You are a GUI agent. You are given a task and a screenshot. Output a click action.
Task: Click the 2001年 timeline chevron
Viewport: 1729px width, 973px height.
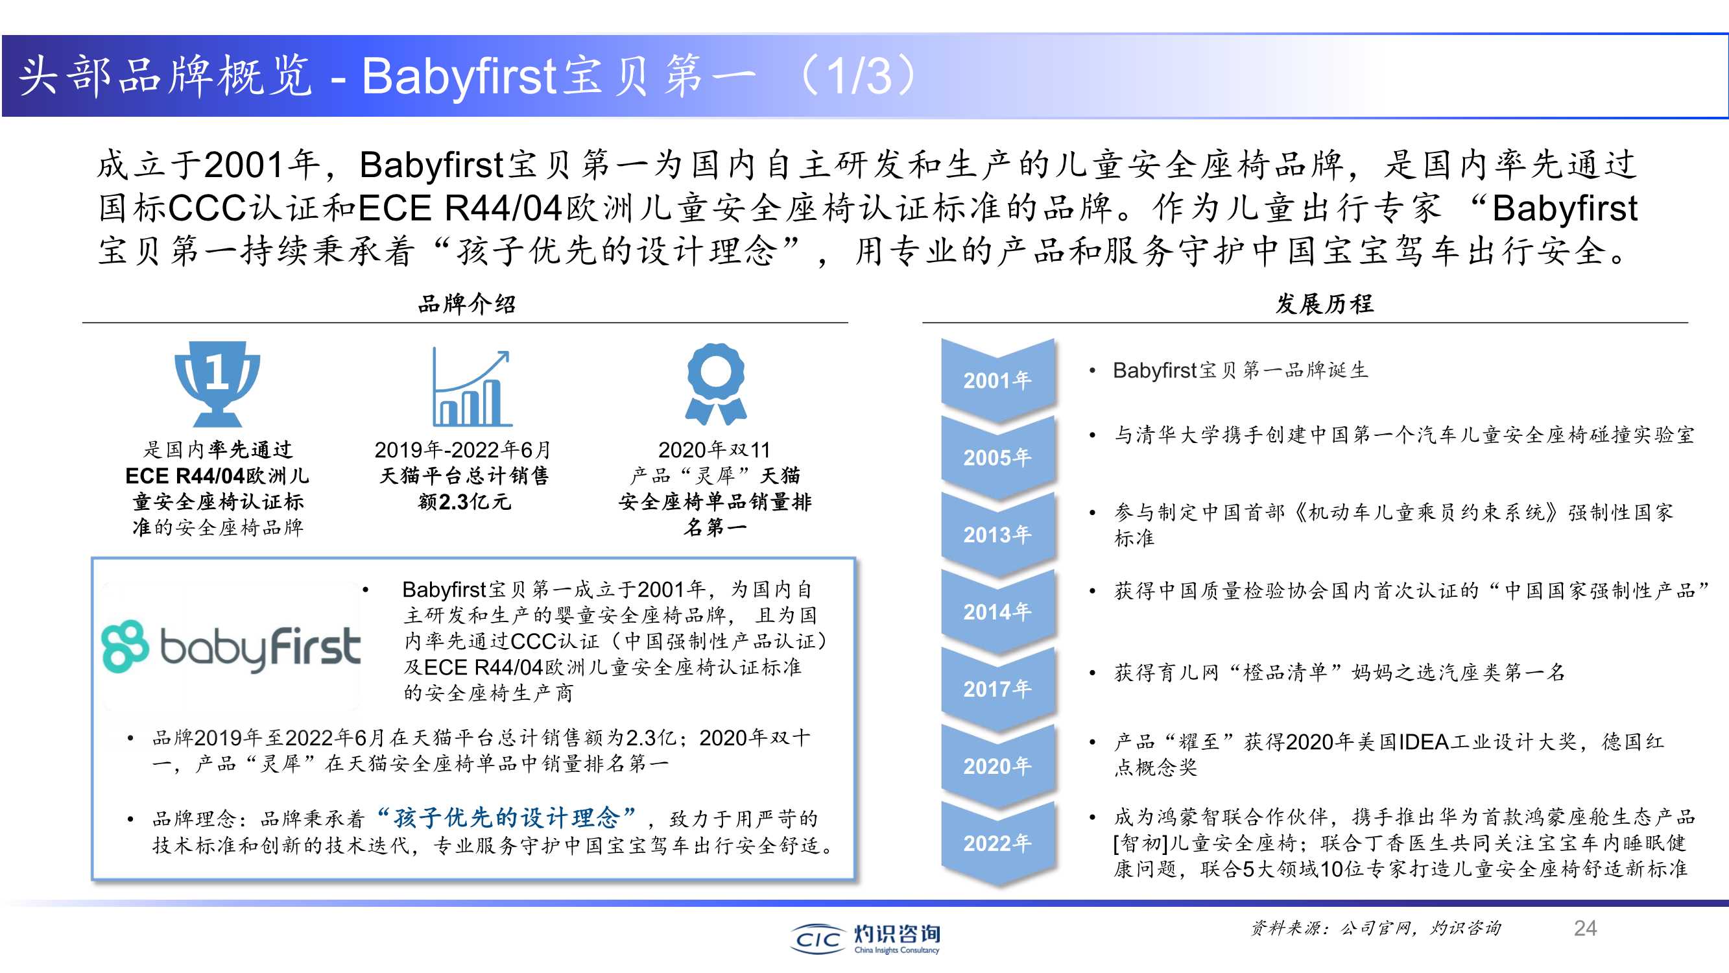pyautogui.click(x=997, y=380)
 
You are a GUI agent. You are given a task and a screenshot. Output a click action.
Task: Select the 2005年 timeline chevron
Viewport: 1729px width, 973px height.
pyautogui.click(x=997, y=457)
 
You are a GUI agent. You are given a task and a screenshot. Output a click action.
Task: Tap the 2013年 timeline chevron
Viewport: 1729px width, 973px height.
pyautogui.click(x=997, y=535)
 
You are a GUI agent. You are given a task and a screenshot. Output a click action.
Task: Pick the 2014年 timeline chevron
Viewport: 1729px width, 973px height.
pyautogui.click(x=997, y=612)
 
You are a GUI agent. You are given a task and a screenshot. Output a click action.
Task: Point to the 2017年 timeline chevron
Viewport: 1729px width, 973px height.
pyautogui.click(x=997, y=689)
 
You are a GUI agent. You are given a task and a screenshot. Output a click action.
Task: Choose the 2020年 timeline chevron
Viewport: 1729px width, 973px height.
pyautogui.click(x=997, y=766)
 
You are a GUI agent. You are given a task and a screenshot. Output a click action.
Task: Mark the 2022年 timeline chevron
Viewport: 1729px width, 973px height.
pyautogui.click(x=997, y=843)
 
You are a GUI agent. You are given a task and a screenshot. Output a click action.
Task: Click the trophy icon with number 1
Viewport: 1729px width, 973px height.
pyautogui.click(x=217, y=383)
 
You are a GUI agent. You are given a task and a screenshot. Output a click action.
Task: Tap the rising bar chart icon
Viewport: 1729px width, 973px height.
pyautogui.click(x=472, y=387)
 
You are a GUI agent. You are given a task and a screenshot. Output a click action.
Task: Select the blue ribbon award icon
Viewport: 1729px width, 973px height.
pyautogui.click(x=715, y=384)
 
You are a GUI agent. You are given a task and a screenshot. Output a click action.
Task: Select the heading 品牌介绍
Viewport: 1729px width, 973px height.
pyautogui.click(x=466, y=304)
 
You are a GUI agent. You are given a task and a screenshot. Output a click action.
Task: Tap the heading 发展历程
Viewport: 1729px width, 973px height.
pyautogui.click(x=1324, y=304)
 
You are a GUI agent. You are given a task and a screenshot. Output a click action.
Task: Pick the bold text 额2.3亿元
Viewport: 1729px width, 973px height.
pyautogui.click(x=464, y=501)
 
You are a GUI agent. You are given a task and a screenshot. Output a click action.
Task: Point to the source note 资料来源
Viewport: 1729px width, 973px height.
pyautogui.click(x=1376, y=928)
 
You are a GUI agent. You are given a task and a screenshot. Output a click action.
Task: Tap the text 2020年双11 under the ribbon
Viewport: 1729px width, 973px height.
pyautogui.click(x=714, y=450)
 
